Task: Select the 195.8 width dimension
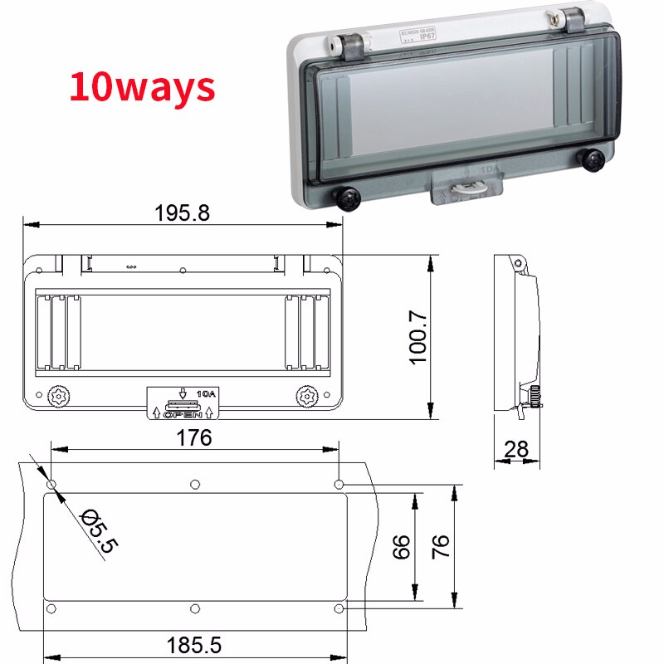[x=182, y=212]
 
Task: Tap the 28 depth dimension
[x=516, y=449]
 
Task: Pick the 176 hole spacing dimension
[x=194, y=437]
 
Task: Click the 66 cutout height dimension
[x=402, y=546]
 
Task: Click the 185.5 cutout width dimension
[x=193, y=643]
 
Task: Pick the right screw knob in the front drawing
[x=307, y=397]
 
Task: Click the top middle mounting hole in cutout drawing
[x=194, y=484]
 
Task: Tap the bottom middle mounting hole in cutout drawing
[x=194, y=609]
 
